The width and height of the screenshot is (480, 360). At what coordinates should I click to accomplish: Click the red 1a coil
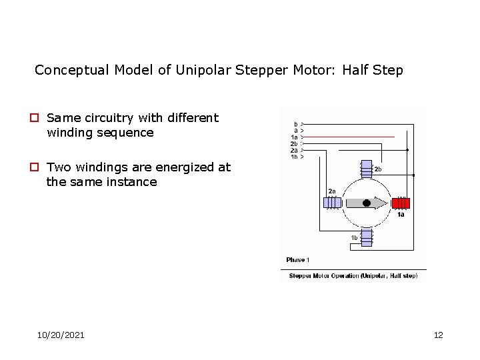tap(401, 203)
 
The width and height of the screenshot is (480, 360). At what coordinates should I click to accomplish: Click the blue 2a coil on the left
tap(332, 203)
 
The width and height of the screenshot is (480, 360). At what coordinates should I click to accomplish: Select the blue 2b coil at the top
tap(366, 169)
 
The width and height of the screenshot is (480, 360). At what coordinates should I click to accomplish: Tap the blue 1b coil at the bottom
tap(366, 237)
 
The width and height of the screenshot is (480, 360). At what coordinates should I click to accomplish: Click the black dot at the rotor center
tap(366, 203)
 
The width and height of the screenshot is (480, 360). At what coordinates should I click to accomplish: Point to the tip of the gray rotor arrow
tap(387, 203)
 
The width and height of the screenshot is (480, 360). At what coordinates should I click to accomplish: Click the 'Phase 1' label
tap(297, 260)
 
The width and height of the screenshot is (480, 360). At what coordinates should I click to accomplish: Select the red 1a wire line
tap(353, 137)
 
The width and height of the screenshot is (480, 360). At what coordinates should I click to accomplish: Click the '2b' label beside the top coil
tap(378, 169)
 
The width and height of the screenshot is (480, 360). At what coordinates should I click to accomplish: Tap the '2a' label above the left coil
tap(331, 191)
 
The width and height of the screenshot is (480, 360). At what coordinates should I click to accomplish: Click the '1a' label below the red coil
tap(401, 214)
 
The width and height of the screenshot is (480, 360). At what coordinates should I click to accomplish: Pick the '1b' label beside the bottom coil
tap(354, 238)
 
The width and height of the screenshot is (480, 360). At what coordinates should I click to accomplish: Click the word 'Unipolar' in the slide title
tap(203, 70)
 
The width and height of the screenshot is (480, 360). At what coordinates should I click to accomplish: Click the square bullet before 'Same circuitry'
tap(39, 118)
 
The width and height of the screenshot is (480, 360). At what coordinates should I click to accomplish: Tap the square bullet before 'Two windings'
tap(39, 167)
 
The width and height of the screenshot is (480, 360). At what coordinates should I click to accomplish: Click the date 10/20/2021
tap(61, 335)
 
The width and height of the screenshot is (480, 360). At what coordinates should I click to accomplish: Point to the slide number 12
tap(438, 335)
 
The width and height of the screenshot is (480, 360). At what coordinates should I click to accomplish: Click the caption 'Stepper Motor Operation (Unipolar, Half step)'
tap(353, 276)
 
